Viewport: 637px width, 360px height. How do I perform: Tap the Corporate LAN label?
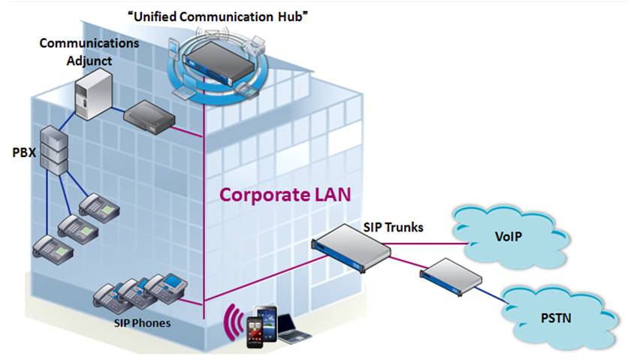[285, 195]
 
